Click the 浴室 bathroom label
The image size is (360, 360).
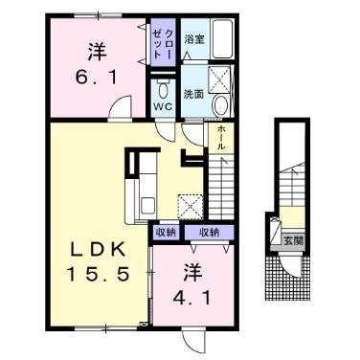[x=194, y=39]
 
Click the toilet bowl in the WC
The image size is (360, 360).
[x=163, y=91]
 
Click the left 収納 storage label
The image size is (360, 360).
[x=165, y=233]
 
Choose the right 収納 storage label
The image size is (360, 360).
[x=208, y=233]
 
